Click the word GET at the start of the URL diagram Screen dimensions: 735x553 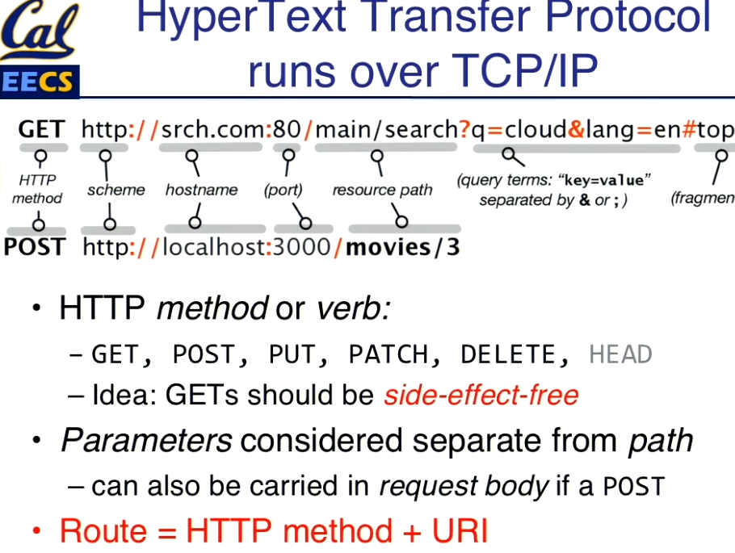(x=42, y=129)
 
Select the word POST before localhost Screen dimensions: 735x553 (x=34, y=247)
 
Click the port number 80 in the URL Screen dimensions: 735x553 (x=287, y=129)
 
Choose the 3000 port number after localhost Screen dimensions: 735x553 (x=301, y=247)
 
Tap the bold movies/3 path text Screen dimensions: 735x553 (x=403, y=247)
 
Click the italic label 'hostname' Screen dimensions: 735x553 (x=202, y=190)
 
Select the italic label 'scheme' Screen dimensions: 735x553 (x=116, y=190)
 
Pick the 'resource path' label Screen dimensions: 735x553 (x=383, y=191)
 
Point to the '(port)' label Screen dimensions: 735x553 (x=283, y=191)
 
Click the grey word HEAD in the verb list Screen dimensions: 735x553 (x=620, y=354)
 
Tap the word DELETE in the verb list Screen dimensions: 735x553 (x=509, y=354)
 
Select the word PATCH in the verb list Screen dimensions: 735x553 (x=388, y=354)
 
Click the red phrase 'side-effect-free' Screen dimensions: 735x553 (x=481, y=395)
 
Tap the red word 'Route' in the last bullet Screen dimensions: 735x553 (x=103, y=531)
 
